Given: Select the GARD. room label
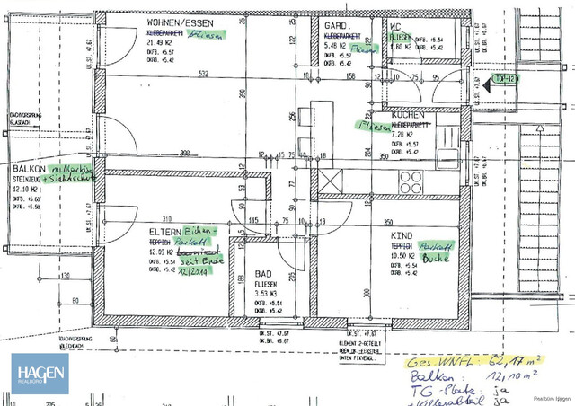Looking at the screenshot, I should [336, 27].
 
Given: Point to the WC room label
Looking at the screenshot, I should [394, 27].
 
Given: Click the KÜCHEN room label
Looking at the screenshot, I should [407, 117].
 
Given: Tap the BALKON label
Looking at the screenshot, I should [30, 168].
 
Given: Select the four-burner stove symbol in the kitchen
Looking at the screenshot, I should [411, 177].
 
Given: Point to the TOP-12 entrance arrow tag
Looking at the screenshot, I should [503, 81].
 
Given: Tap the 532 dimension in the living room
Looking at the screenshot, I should [204, 74].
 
